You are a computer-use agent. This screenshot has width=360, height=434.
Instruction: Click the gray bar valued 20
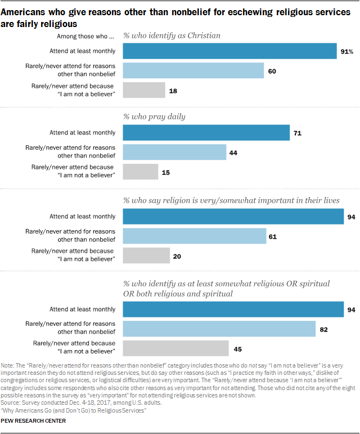[x=146, y=255]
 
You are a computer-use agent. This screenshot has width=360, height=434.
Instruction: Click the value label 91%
[x=346, y=52]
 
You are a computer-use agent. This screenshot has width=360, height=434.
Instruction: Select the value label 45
[x=238, y=349]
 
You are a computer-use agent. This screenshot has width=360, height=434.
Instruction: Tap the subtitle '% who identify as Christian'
[x=172, y=35]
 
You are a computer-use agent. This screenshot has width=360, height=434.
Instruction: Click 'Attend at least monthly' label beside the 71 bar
[x=82, y=133]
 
